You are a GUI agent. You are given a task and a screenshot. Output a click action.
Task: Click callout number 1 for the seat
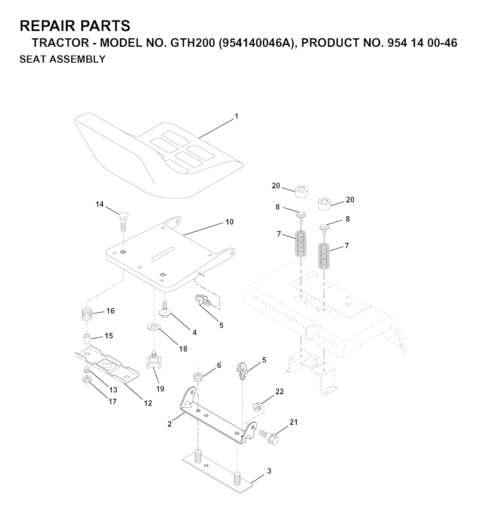pyautogui.click(x=236, y=116)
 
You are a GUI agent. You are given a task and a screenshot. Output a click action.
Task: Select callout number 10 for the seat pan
pyautogui.click(x=229, y=221)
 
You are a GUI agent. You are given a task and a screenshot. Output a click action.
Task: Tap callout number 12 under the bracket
pyautogui.click(x=148, y=403)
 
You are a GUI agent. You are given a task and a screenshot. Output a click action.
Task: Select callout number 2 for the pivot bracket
pyautogui.click(x=170, y=424)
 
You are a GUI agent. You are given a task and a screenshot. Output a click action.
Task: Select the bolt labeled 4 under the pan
pyautogui.click(x=166, y=311)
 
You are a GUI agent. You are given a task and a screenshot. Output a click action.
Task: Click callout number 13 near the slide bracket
pyautogui.click(x=114, y=390)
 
